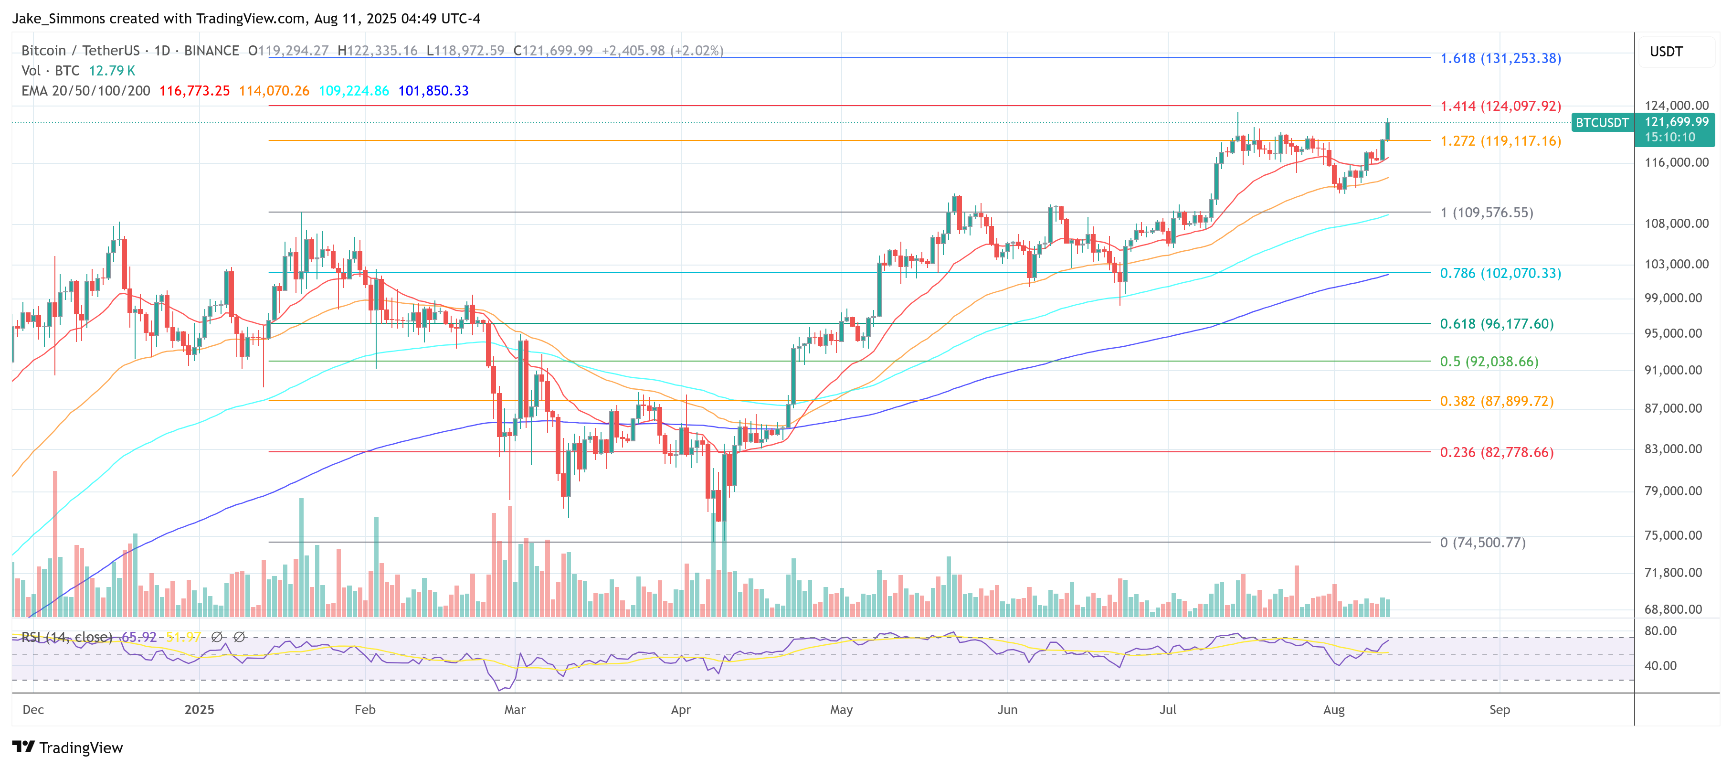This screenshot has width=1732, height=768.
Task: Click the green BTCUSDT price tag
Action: [1602, 122]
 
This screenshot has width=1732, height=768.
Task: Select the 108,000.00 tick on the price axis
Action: [1676, 223]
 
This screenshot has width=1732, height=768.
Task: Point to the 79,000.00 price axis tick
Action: [1676, 491]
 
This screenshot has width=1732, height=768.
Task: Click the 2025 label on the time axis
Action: [199, 709]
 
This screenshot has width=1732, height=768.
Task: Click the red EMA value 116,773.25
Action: [194, 91]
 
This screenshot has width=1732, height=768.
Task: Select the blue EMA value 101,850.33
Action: [433, 91]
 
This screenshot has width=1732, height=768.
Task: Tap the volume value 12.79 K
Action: [112, 71]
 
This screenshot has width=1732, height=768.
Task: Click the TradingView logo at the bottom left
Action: [67, 747]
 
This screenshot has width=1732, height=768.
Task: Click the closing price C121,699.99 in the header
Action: [553, 51]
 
